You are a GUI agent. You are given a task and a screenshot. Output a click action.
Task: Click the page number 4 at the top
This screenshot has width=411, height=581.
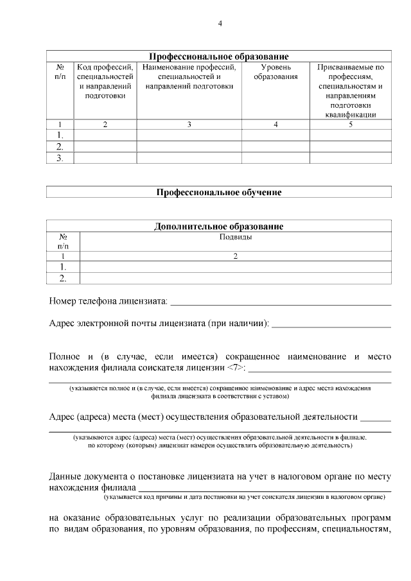(220, 24)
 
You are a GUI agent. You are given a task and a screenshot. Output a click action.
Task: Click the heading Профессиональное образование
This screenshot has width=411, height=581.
(219, 56)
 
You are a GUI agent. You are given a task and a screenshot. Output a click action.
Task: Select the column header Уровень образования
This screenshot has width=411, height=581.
(275, 72)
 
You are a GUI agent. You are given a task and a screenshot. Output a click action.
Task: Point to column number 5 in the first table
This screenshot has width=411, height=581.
(351, 125)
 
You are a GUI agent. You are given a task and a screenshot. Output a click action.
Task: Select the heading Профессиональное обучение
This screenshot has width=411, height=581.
(219, 191)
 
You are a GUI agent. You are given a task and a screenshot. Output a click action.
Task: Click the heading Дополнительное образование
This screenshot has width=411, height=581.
(219, 226)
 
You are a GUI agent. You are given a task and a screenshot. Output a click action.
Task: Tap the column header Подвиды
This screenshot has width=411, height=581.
(236, 236)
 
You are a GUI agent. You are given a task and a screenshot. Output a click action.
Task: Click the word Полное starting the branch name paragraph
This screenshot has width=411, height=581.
(65, 356)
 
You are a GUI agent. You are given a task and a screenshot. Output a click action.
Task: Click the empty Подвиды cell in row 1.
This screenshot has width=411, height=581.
(236, 266)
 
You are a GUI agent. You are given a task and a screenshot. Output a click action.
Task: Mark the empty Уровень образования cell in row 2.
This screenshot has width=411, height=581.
(275, 146)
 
